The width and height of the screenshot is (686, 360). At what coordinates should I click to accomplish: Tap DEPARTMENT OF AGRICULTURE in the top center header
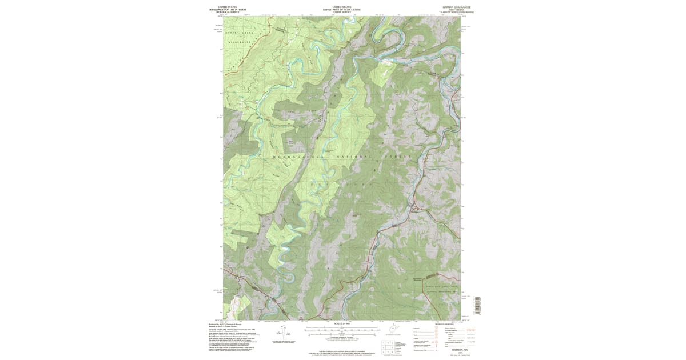coord(342,9)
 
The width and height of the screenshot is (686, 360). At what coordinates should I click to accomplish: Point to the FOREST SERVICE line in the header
coord(342,12)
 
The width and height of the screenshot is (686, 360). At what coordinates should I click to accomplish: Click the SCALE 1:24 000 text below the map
coord(342,324)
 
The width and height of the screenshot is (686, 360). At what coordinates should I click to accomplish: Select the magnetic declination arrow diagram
coord(289,333)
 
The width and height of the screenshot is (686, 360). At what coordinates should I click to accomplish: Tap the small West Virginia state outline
coord(393,329)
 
